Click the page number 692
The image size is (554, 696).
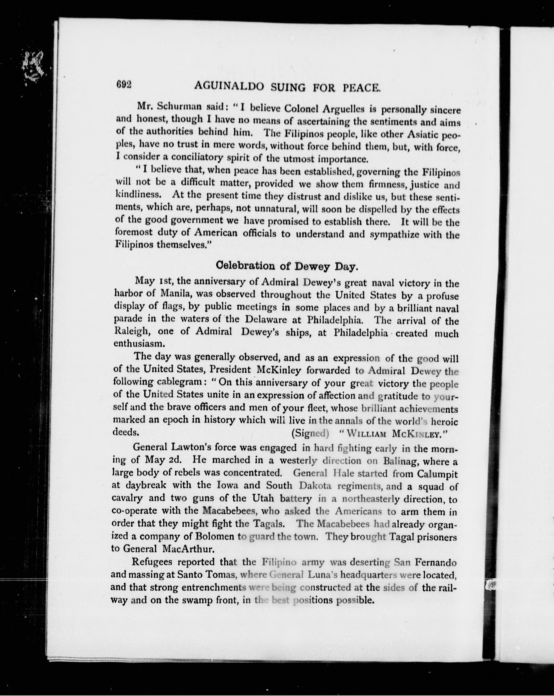click(x=124, y=85)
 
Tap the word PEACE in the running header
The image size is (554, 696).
click(x=361, y=87)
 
